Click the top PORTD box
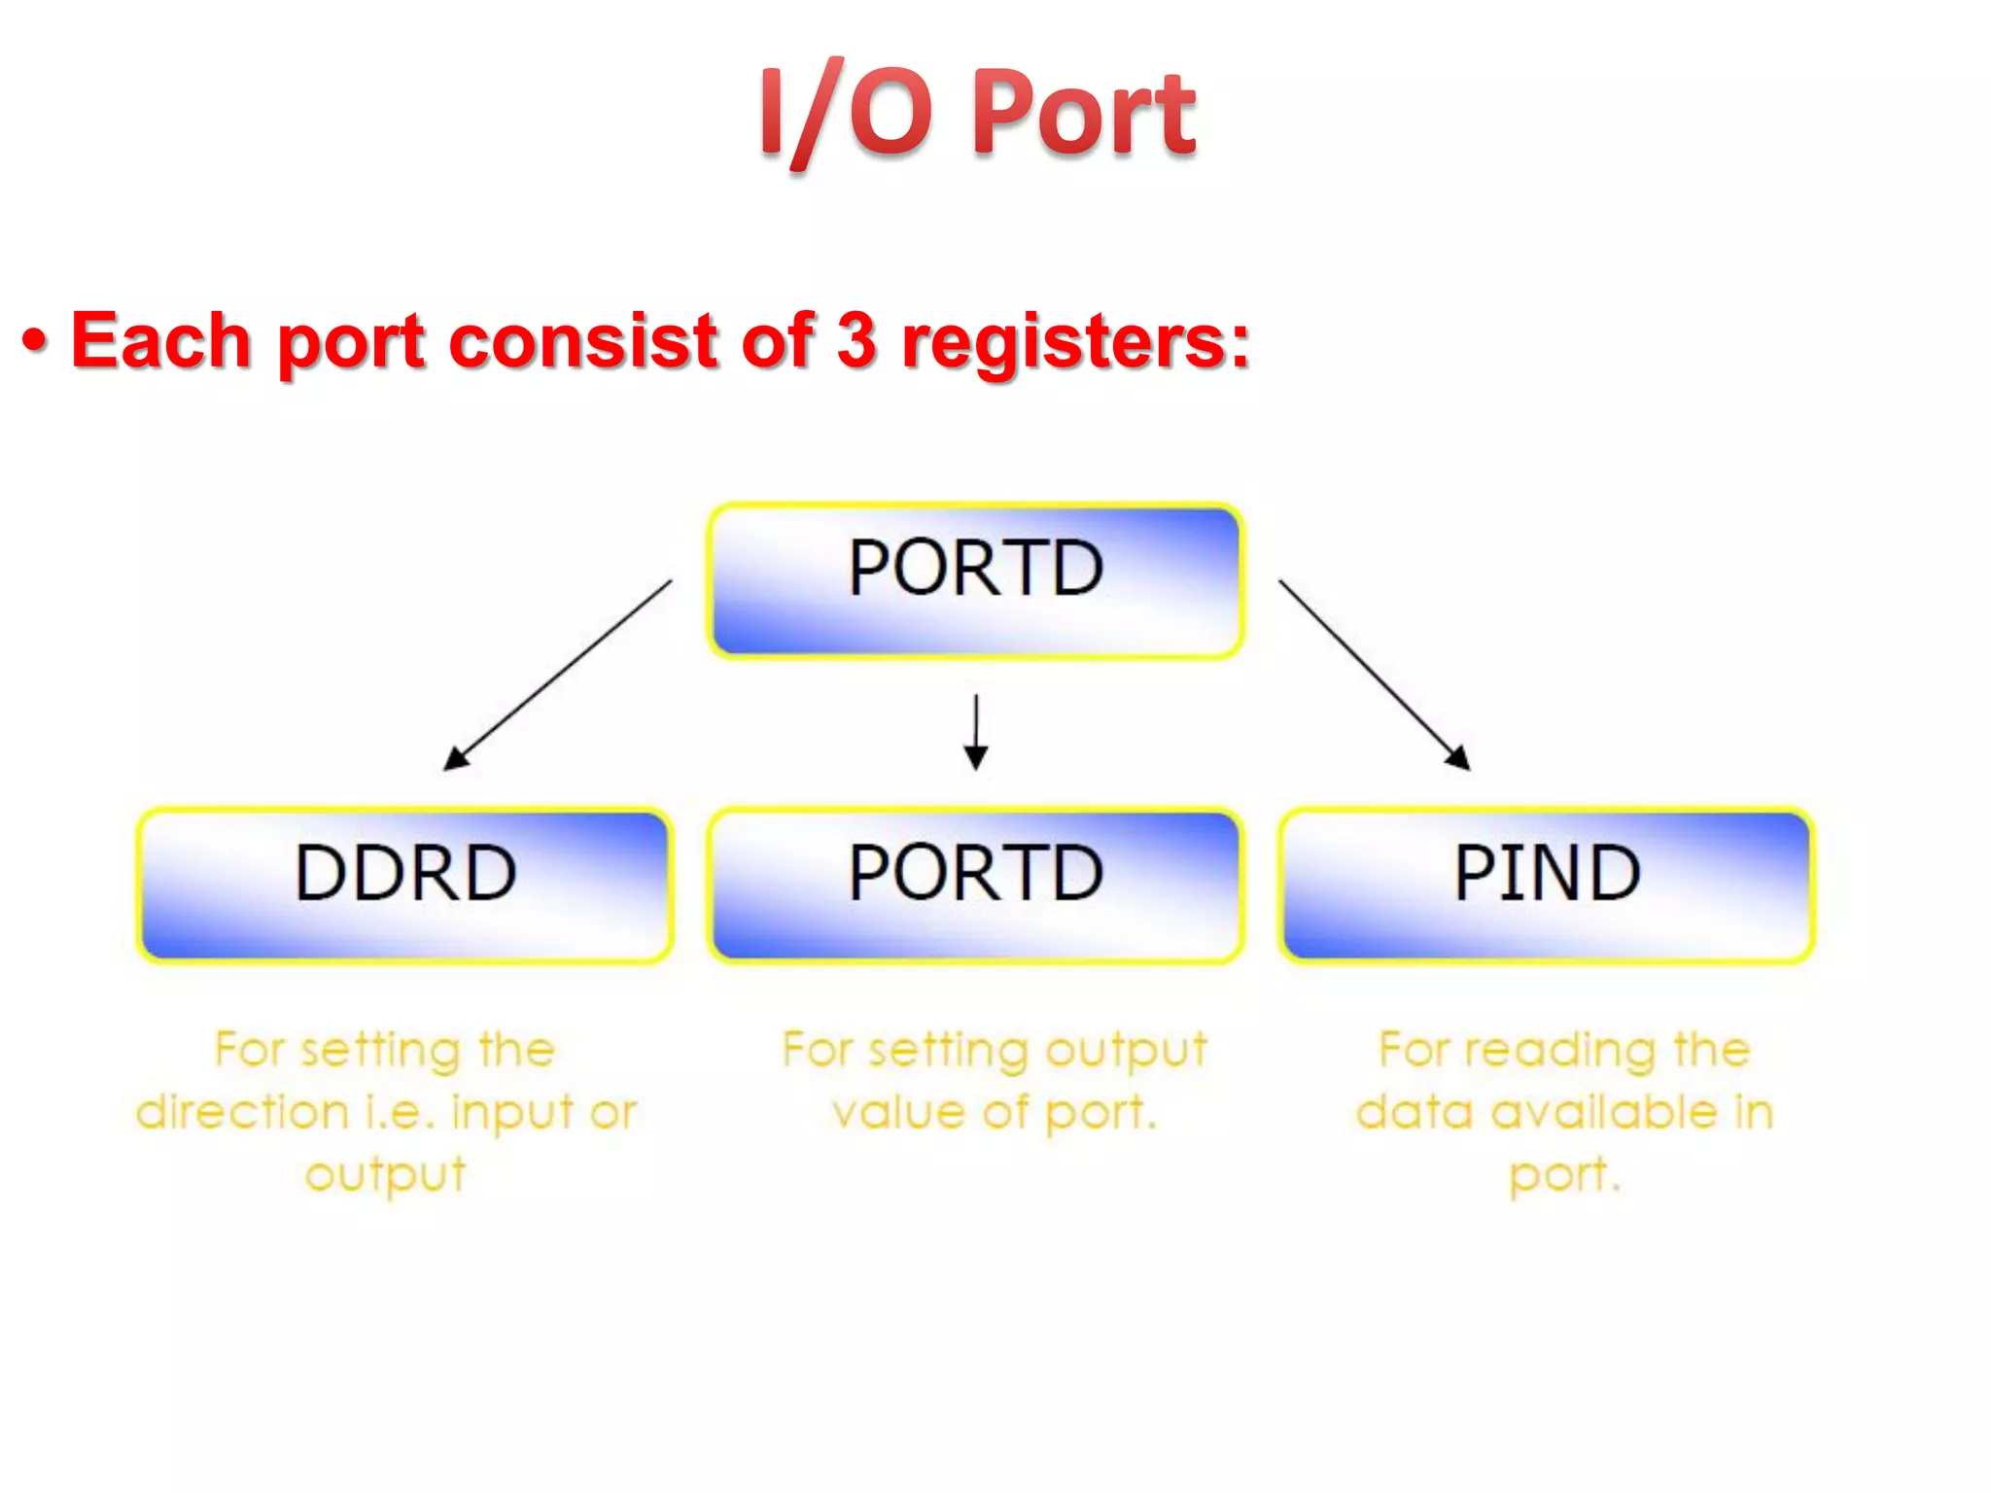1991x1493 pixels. (x=975, y=580)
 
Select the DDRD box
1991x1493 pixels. (x=404, y=885)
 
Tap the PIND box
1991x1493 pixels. (x=1546, y=885)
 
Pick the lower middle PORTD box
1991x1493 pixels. (x=975, y=885)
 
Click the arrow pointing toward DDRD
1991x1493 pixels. (x=558, y=675)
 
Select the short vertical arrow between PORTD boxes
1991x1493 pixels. (x=976, y=731)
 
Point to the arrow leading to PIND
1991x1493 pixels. (x=1373, y=675)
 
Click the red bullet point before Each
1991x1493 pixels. (x=35, y=343)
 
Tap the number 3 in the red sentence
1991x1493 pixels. (x=856, y=341)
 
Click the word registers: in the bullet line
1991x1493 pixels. (x=1075, y=343)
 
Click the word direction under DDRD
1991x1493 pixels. (x=243, y=1111)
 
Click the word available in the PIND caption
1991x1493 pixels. (x=1604, y=1111)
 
